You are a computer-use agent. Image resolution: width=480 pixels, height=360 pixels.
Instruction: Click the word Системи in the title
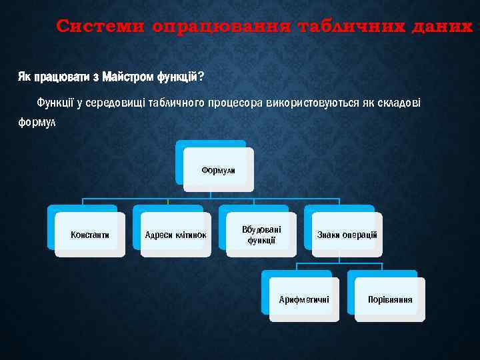click(x=101, y=26)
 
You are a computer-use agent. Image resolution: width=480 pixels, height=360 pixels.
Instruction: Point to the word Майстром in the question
click(x=127, y=77)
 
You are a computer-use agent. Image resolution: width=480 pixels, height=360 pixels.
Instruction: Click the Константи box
click(x=90, y=235)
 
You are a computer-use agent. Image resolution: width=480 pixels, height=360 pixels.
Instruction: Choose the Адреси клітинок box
click(x=175, y=235)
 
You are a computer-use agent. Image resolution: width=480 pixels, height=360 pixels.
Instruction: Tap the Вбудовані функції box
click(x=261, y=235)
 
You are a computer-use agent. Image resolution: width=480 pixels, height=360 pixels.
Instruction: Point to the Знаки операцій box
click(x=347, y=235)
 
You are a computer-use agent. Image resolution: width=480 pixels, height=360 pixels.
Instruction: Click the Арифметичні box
click(x=304, y=299)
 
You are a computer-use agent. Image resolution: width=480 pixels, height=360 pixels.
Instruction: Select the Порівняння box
click(x=390, y=299)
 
